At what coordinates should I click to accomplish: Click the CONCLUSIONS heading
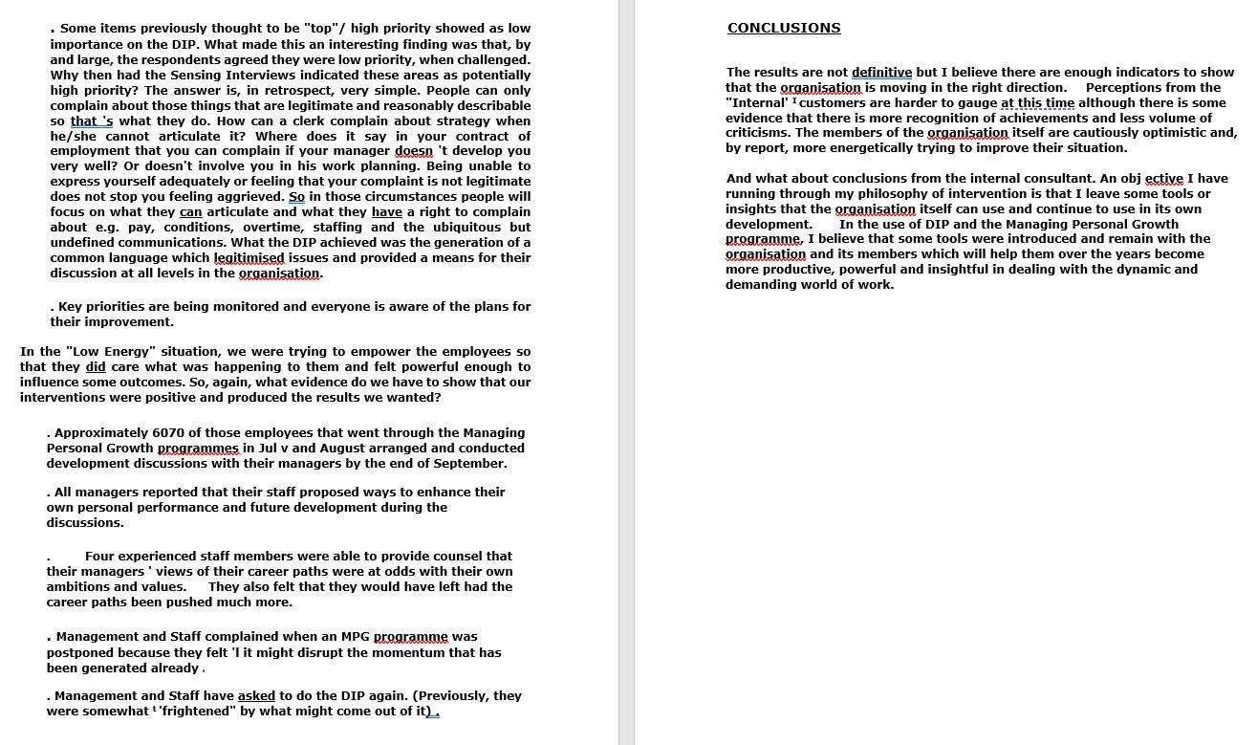(x=784, y=29)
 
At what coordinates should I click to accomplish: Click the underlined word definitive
(x=881, y=73)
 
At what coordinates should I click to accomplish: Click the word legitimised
(x=249, y=258)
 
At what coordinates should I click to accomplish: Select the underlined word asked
(x=256, y=696)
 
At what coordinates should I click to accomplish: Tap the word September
(x=469, y=464)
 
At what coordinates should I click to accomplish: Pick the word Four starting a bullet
(x=100, y=557)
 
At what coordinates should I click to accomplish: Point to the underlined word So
(x=296, y=197)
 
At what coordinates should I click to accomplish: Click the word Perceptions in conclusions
(x=1125, y=88)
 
